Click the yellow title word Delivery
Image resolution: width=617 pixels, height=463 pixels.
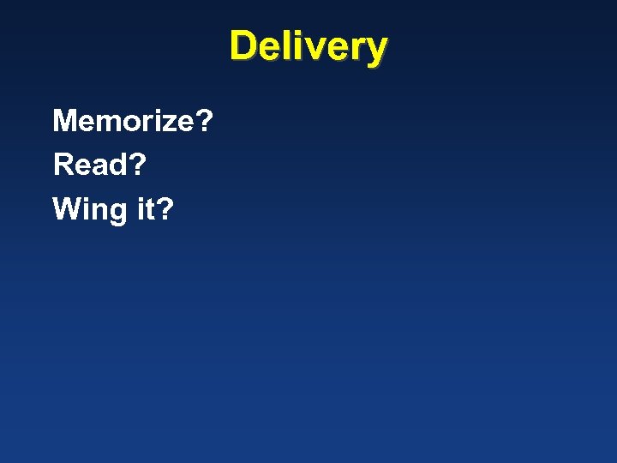(308, 46)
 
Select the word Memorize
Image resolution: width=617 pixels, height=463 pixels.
(123, 121)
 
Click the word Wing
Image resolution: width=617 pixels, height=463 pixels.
(89, 208)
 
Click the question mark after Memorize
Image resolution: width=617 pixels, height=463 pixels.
(204, 121)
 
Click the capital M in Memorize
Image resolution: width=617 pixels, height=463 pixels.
(66, 121)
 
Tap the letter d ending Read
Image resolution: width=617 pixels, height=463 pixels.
(117, 164)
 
